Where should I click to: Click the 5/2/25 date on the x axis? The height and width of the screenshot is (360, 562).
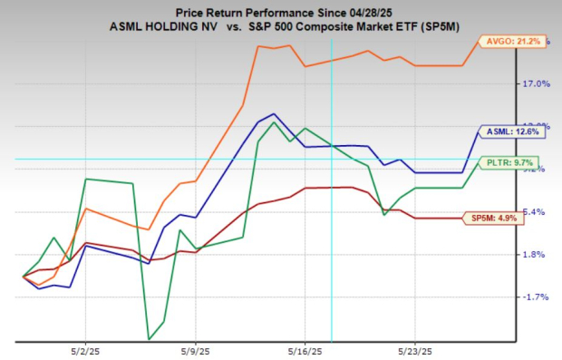coord(85,350)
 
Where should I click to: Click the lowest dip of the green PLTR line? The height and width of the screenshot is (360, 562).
coord(148,339)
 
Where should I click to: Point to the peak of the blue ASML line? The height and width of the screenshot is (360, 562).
coord(274,114)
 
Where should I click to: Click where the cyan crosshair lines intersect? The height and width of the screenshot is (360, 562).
coord(332,159)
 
